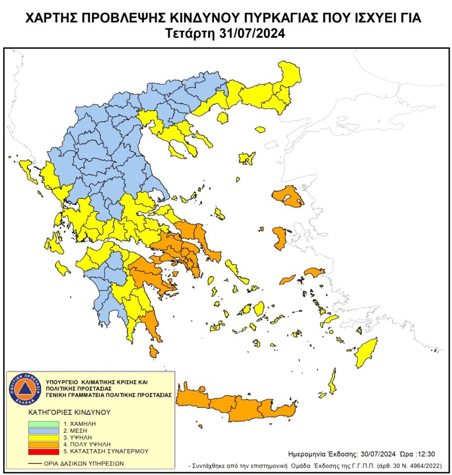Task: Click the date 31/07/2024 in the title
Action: point(251,34)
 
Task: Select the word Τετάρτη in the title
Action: point(190,34)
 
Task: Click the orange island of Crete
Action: point(237,406)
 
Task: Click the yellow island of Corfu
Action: point(25,170)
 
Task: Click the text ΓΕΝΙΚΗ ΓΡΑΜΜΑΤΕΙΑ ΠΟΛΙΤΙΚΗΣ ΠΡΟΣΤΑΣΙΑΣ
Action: point(109,394)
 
